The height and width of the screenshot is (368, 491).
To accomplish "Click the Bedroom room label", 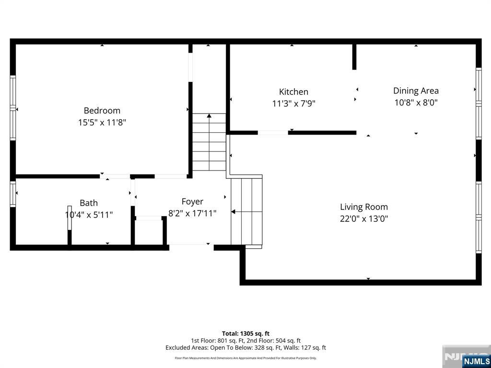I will pos(102,111).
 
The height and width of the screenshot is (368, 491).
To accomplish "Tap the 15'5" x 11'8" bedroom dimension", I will pos(102,123).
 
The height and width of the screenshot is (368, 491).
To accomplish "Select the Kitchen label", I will pos(293,92).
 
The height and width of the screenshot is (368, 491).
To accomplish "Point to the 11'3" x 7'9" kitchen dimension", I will pos(293,103).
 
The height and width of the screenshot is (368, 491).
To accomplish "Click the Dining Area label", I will pos(416,91).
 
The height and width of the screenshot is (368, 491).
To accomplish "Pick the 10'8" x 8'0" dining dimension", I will pos(416,103).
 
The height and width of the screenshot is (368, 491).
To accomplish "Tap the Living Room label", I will pos(364,207).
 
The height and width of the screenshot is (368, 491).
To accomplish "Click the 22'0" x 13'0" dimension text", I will pos(364,219).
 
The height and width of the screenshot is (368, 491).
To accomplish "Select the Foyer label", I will pos(192,202).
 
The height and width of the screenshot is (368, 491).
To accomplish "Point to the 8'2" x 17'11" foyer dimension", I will pos(192,214).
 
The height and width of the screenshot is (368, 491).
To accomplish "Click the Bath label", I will pos(89,203).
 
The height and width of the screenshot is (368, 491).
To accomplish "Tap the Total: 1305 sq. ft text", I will pos(245,333).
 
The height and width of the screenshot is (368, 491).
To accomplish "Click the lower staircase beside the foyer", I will pos(246,211).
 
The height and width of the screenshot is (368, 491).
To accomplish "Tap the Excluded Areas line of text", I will pos(245,348).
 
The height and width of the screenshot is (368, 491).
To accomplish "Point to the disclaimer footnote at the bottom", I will pos(245,358).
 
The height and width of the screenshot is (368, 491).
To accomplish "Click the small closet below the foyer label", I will pos(149,232).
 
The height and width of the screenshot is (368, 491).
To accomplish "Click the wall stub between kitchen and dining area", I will pos(354,57).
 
